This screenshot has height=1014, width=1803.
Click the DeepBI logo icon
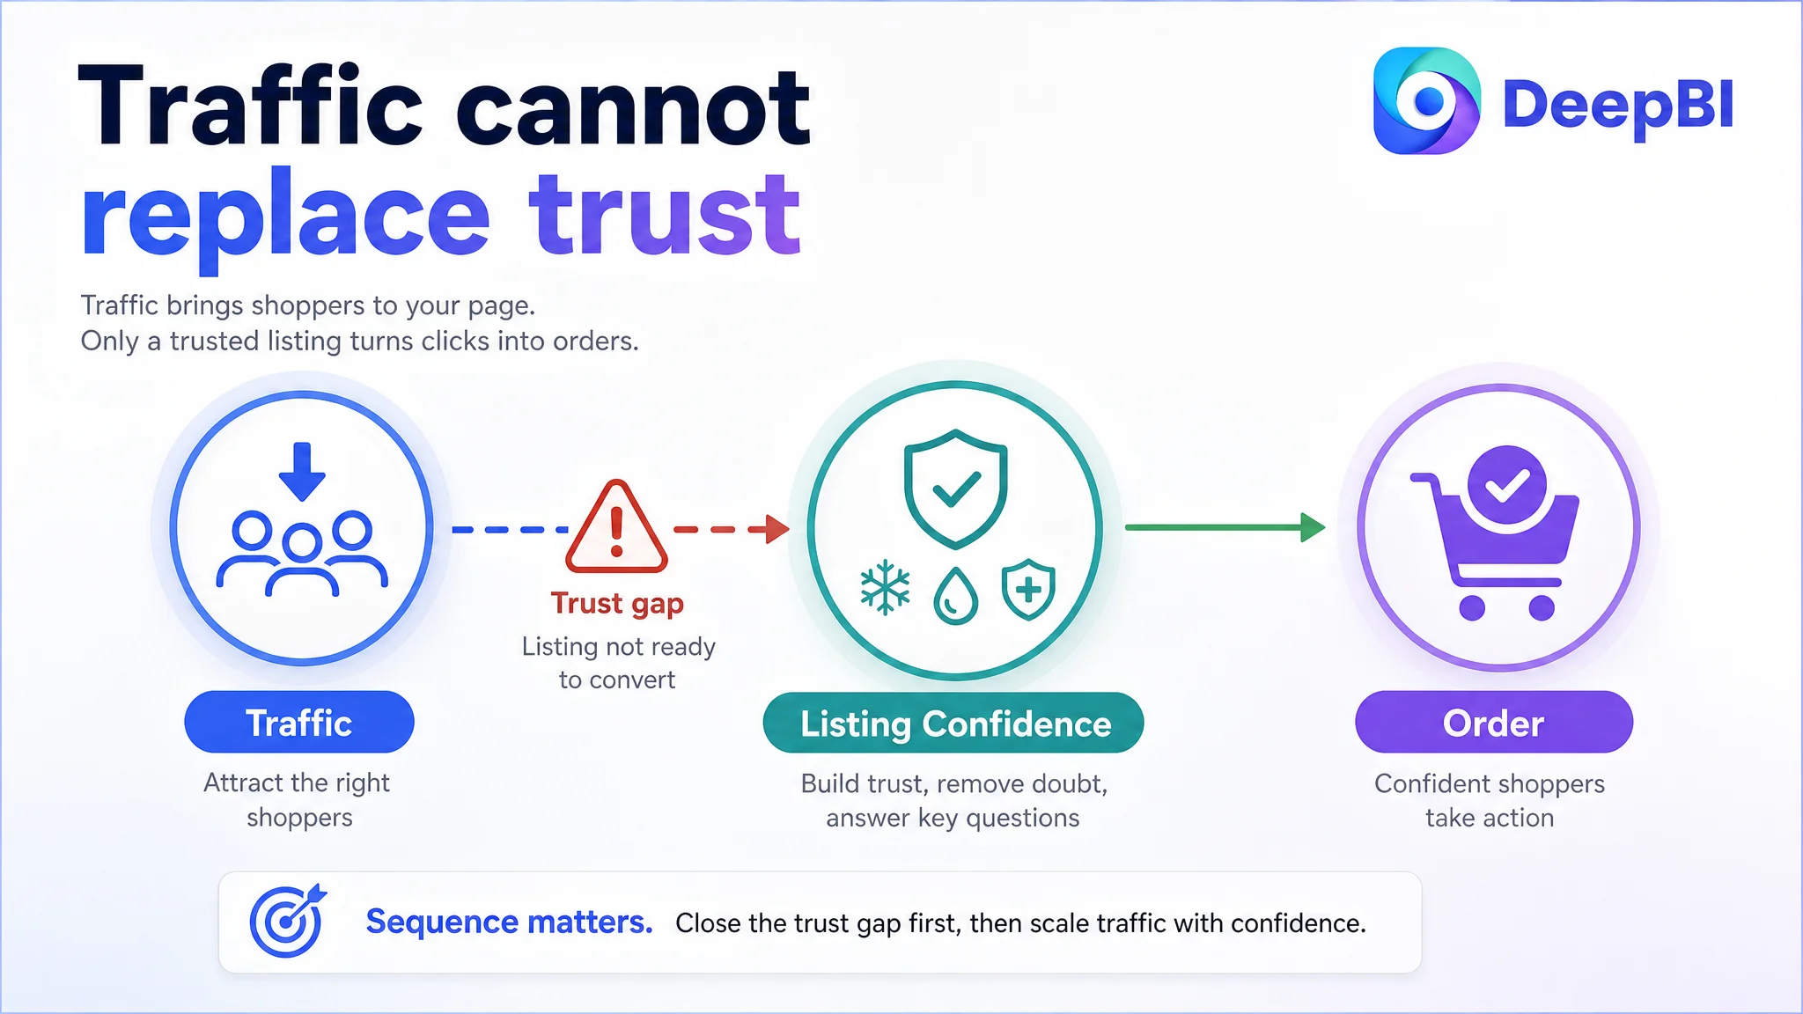[x=1426, y=100]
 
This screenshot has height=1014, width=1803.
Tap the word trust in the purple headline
[x=665, y=214]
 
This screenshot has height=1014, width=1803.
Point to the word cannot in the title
[x=633, y=109]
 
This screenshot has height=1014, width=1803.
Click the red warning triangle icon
[x=616, y=526]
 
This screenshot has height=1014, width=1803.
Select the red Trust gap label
[x=617, y=605]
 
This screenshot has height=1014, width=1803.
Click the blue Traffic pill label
[x=299, y=722]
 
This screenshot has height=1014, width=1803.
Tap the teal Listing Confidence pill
[x=953, y=723]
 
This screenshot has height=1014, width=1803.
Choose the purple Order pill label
[x=1494, y=722]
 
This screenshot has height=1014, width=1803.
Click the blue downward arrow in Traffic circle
[x=302, y=472]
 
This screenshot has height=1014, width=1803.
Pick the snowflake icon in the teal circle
[x=885, y=588]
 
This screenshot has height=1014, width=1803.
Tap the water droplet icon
[x=956, y=596]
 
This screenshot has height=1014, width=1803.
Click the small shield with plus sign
[x=1028, y=590]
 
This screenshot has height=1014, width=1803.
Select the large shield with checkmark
[x=956, y=489]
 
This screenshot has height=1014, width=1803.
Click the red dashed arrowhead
[x=776, y=529]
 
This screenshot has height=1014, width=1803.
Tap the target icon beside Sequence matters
[x=288, y=921]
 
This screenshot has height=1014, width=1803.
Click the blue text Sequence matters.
[x=510, y=922]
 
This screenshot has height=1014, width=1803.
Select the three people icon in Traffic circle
[x=302, y=554]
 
